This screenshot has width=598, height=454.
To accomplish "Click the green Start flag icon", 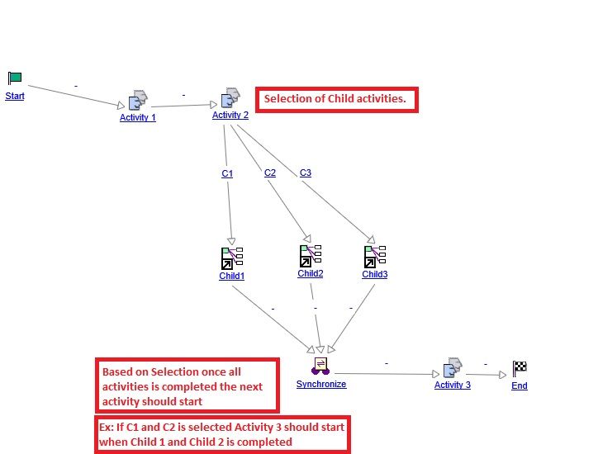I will coord(15,78).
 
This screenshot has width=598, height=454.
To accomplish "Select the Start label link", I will coord(15,97).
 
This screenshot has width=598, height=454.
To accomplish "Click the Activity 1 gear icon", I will coord(138,101).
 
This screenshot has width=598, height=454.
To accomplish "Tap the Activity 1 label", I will coord(138,117).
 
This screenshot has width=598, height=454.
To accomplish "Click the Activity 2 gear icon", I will coord(230,98).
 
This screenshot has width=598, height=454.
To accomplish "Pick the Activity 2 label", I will coord(230,115).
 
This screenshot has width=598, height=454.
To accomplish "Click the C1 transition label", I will coord(227,173).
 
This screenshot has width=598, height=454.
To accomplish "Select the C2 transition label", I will coord(270,173).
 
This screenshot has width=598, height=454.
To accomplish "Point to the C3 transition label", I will coord(306,173).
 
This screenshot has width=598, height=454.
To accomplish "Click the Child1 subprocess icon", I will coord(230,258).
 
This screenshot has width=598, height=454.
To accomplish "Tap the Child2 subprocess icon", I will coord(311,256).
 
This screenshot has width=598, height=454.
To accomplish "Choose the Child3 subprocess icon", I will coord(375,257).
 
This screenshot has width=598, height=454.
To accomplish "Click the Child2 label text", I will coord(311,273).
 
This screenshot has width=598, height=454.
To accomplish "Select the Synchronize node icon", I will coord(321,366).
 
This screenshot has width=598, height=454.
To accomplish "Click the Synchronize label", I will coord(321,384).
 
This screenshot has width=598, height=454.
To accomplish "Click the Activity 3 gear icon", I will coord(453,368).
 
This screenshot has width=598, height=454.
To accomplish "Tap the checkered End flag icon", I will coord(520,369).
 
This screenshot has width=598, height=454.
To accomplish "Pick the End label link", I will coord(520,385).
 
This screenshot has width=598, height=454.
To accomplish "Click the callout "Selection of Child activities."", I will coord(335,100).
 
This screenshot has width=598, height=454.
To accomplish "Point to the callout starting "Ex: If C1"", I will coord(221,434).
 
